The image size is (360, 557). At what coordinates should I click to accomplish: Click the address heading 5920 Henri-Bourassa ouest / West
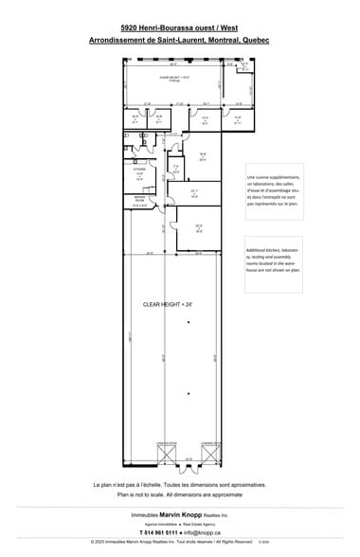click(x=179, y=29)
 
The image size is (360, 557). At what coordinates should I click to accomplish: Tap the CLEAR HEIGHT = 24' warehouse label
click(x=167, y=305)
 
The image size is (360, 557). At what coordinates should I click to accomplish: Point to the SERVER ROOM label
click(x=139, y=200)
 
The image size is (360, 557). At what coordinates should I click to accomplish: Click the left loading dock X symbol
click(x=166, y=453)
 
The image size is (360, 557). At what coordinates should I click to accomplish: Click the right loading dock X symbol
click(x=211, y=453)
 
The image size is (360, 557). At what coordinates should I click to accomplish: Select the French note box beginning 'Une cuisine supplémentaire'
click(x=274, y=190)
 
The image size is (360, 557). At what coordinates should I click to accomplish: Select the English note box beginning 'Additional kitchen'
click(x=274, y=257)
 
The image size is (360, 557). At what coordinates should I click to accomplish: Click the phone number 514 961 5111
click(x=160, y=532)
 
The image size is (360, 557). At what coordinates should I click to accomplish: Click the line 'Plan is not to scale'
click(x=180, y=494)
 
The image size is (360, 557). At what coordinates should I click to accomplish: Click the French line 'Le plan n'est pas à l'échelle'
click(x=180, y=484)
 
